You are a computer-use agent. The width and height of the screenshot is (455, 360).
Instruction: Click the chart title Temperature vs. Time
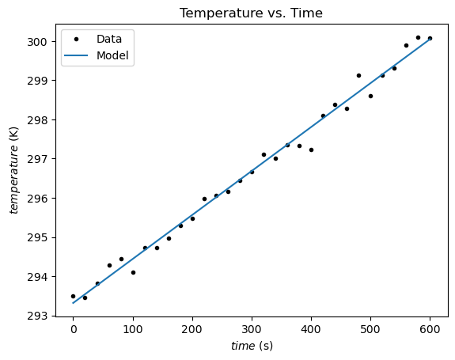251,13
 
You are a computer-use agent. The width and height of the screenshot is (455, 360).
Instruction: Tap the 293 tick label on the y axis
41,316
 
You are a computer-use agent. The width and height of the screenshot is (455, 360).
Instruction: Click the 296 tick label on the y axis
41,198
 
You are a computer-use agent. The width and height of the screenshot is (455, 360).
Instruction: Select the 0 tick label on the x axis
74,330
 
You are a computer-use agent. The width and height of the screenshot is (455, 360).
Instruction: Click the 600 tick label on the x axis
430,330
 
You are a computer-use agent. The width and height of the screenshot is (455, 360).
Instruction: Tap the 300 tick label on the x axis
252,330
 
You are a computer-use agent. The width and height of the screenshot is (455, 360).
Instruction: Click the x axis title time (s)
251,347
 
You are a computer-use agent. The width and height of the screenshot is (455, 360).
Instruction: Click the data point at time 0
74,296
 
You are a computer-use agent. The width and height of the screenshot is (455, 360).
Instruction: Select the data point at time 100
133,272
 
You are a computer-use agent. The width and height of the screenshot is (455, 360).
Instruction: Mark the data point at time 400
311,150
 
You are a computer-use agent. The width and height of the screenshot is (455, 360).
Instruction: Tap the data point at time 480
358,75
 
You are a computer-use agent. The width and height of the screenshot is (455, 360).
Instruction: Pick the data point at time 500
370,96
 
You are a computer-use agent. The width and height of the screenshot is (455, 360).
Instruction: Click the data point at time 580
418,37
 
